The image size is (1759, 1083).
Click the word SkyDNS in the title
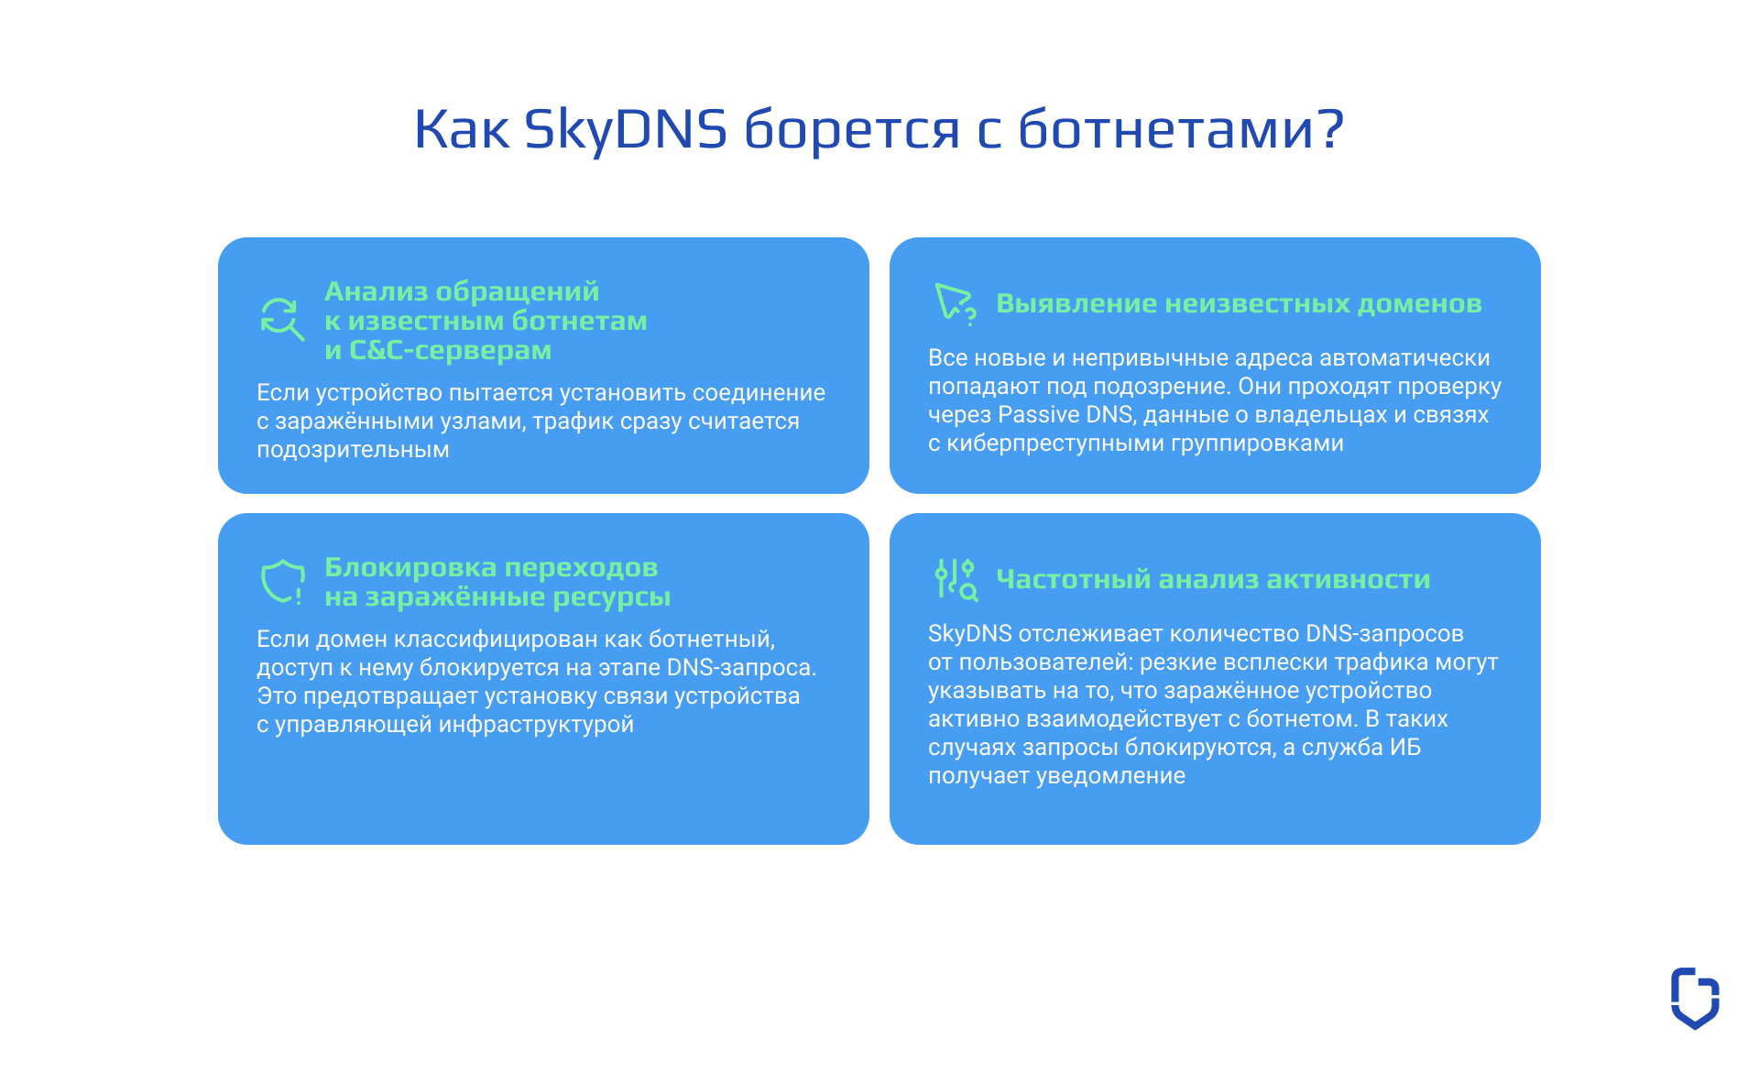(x=625, y=128)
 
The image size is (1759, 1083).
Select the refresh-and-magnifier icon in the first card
(x=281, y=319)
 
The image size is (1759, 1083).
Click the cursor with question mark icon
(x=955, y=303)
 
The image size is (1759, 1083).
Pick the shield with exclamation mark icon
(x=282, y=581)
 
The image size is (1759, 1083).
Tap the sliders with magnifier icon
(x=955, y=579)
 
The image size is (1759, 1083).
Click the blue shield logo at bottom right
(x=1694, y=998)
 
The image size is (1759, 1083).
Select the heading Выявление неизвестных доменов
(x=1239, y=303)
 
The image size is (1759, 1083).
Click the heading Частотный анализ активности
(x=1213, y=579)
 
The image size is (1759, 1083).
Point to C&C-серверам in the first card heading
(x=450, y=350)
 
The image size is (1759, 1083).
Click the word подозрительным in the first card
(x=353, y=449)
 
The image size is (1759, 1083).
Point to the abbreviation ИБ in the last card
(x=1404, y=747)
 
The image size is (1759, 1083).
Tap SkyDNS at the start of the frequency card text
(x=969, y=633)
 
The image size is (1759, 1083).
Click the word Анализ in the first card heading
(x=376, y=291)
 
